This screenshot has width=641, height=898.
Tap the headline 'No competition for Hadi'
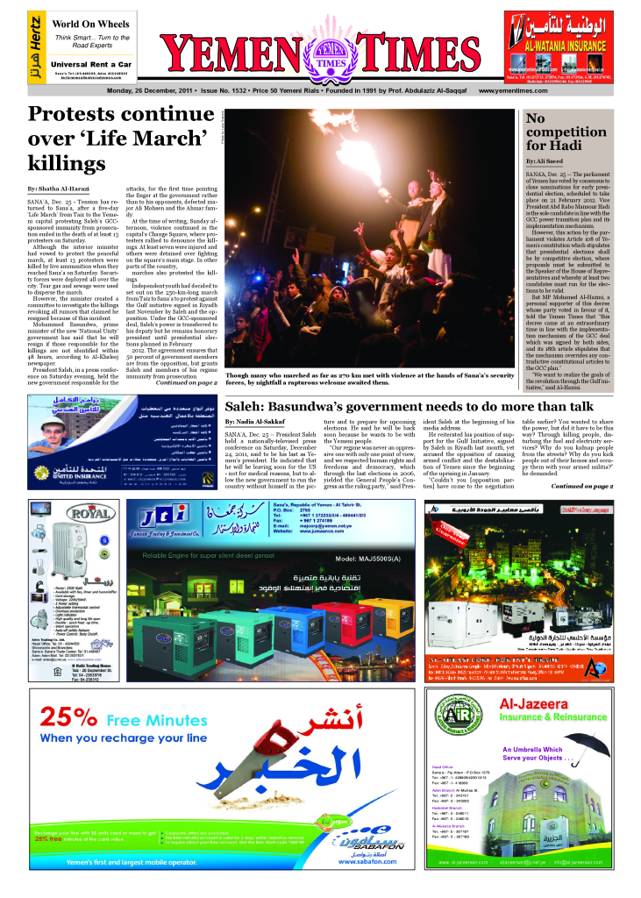click(x=561, y=132)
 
